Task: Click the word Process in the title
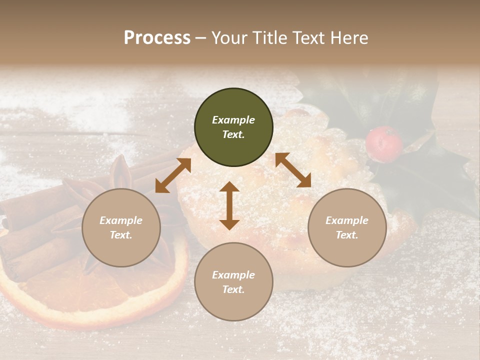(x=157, y=38)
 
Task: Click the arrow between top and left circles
(x=173, y=175)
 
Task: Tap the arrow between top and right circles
(x=293, y=170)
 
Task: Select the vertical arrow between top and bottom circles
(x=229, y=205)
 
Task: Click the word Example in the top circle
(x=233, y=120)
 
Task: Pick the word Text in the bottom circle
(x=233, y=289)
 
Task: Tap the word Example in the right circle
(x=347, y=220)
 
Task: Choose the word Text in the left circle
(x=121, y=235)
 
